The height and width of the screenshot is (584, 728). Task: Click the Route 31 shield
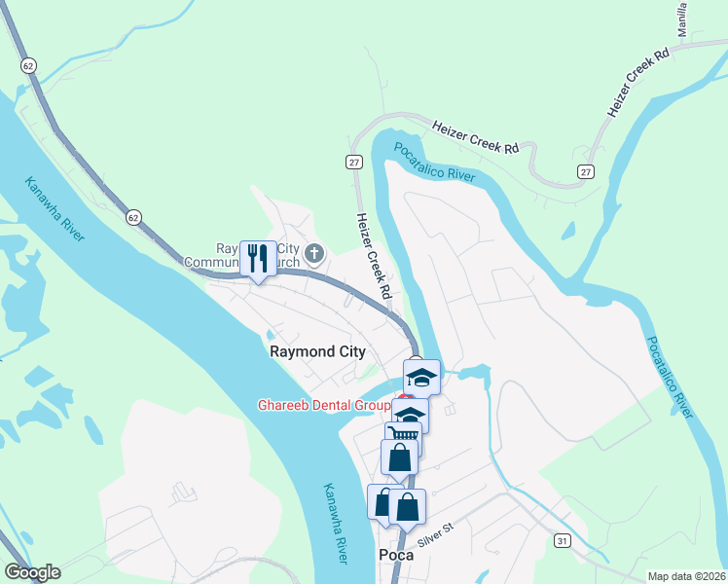click(x=563, y=539)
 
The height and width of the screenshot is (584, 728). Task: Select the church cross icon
click(x=313, y=255)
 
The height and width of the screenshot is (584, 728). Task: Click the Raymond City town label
click(x=317, y=352)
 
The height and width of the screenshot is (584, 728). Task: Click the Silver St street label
click(x=436, y=534)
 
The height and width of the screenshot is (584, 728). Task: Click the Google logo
click(x=32, y=572)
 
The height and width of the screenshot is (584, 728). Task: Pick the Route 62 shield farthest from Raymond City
click(x=27, y=65)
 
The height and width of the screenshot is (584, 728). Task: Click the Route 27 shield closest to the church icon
click(x=355, y=162)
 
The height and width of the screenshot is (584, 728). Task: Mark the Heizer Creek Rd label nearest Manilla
click(x=638, y=82)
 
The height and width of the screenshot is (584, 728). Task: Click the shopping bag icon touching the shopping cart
click(x=399, y=456)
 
